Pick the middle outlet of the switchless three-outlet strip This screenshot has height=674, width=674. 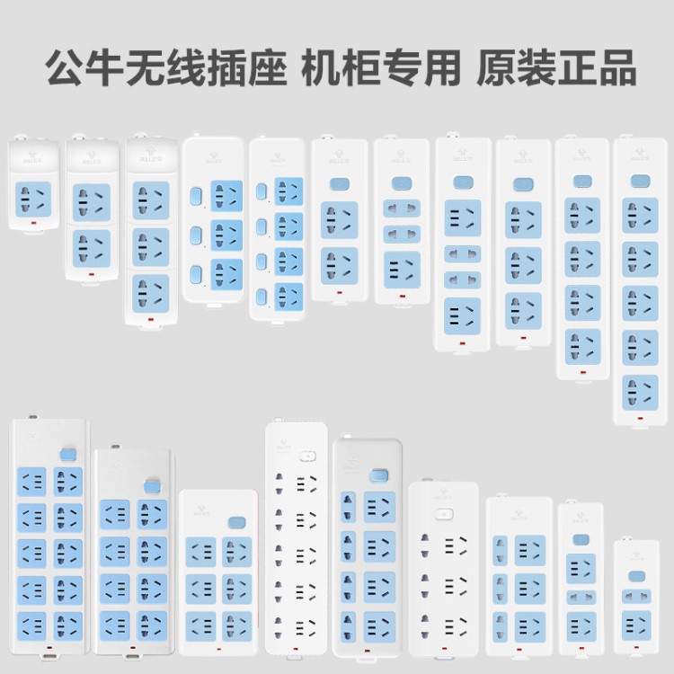150,243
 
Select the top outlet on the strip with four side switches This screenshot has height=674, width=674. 288,190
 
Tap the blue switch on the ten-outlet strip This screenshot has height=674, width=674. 67,456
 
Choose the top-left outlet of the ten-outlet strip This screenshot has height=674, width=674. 31,481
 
